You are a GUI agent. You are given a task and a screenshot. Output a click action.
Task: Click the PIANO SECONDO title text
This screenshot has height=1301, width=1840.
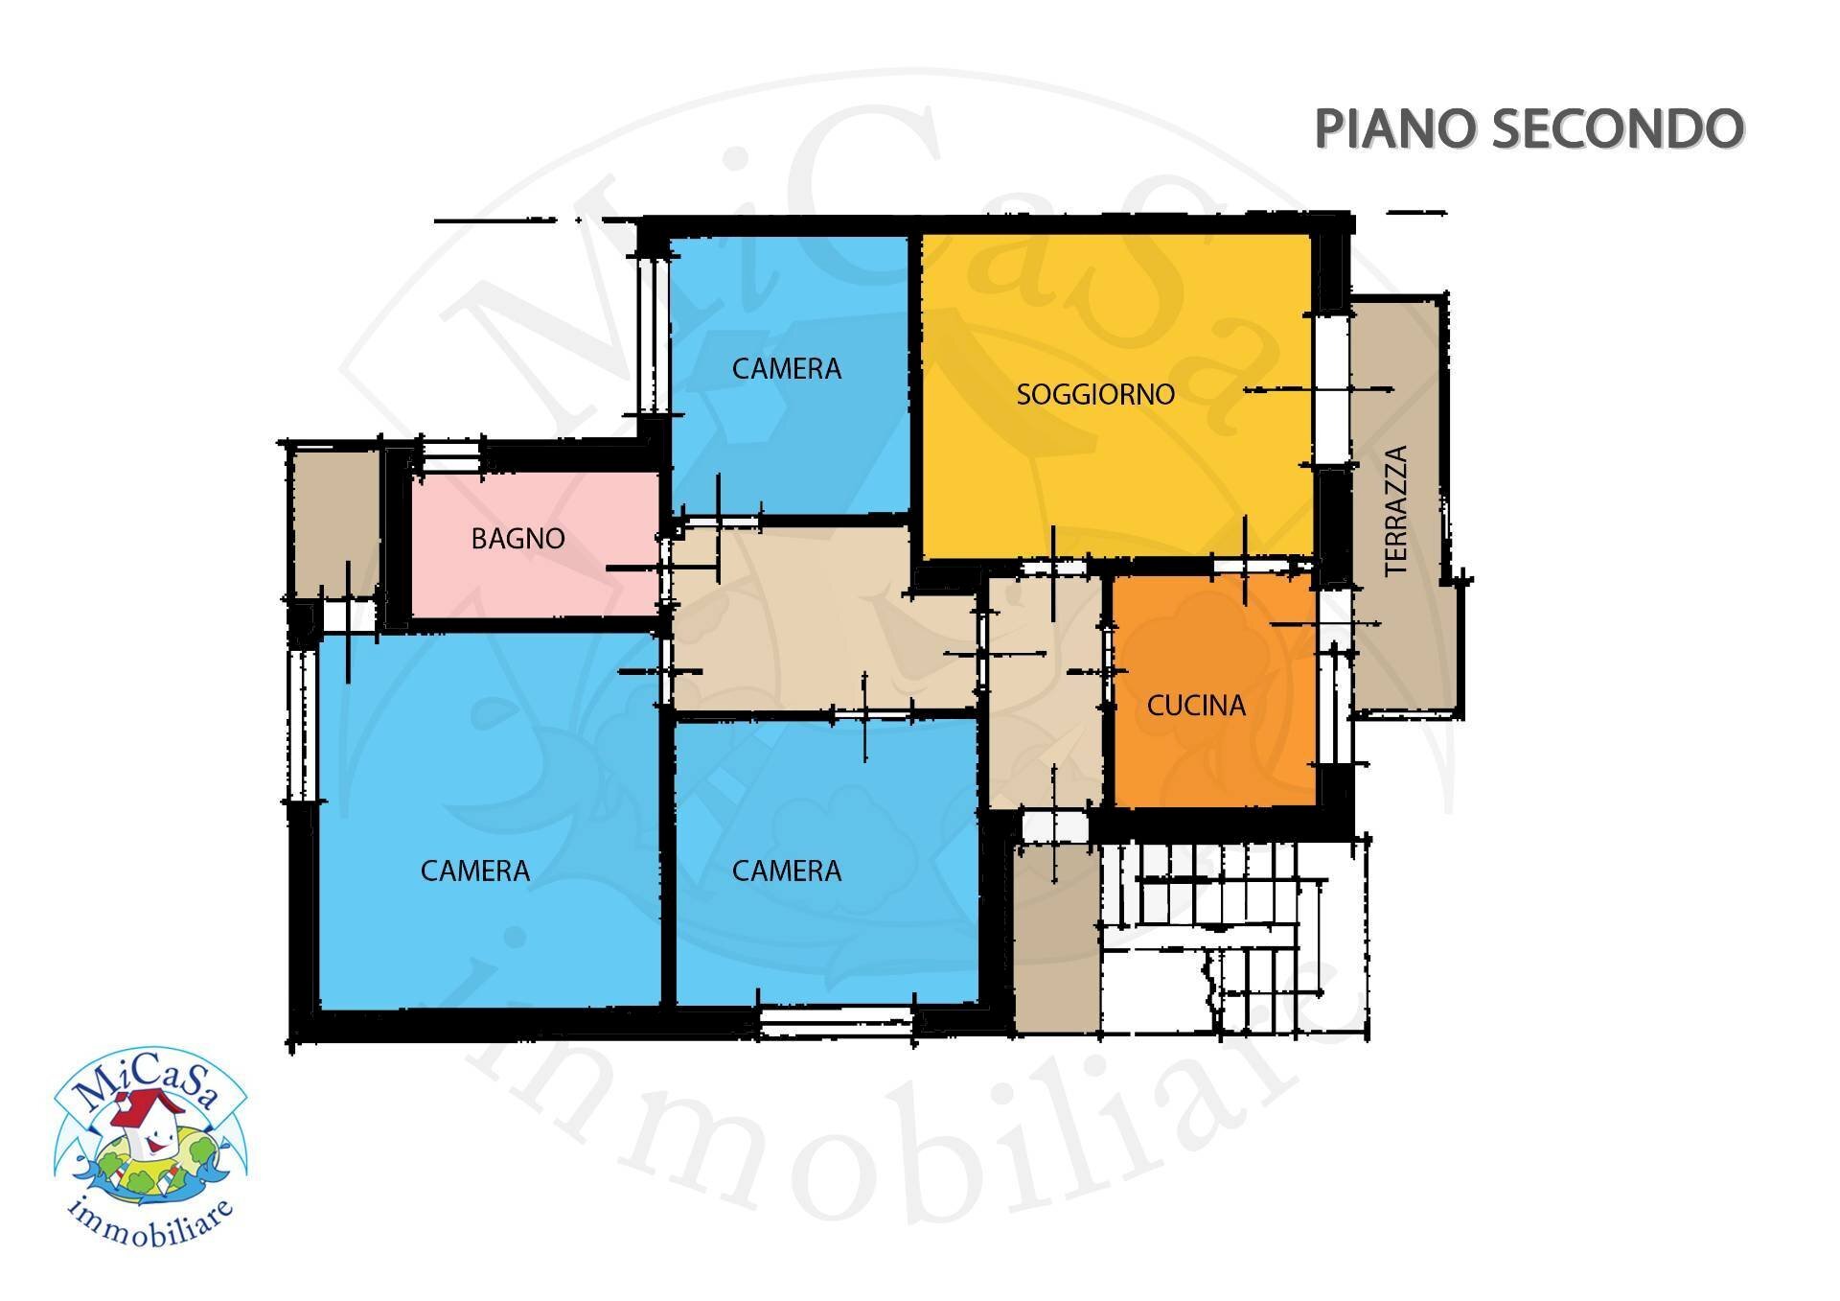click(x=1528, y=128)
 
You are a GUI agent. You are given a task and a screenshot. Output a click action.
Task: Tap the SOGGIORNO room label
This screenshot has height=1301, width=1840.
click(x=1094, y=394)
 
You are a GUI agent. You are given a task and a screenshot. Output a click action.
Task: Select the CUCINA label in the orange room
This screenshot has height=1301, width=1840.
click(x=1196, y=706)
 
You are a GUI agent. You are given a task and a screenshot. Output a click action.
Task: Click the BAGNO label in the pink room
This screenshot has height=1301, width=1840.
click(x=517, y=539)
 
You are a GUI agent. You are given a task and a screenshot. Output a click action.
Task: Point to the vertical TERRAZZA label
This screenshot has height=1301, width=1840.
click(x=1396, y=511)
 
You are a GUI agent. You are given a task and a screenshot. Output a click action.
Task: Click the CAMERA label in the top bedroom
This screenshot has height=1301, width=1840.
click(x=786, y=368)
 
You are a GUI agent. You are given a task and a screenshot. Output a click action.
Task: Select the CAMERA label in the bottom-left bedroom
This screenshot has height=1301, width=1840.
click(x=474, y=871)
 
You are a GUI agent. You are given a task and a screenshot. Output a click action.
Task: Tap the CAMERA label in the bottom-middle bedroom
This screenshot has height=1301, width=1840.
click(x=786, y=871)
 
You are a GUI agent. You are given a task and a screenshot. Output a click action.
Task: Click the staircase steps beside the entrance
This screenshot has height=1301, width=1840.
click(x=1236, y=940)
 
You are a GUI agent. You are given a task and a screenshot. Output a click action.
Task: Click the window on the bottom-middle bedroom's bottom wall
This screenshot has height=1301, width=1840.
click(x=836, y=1021)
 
